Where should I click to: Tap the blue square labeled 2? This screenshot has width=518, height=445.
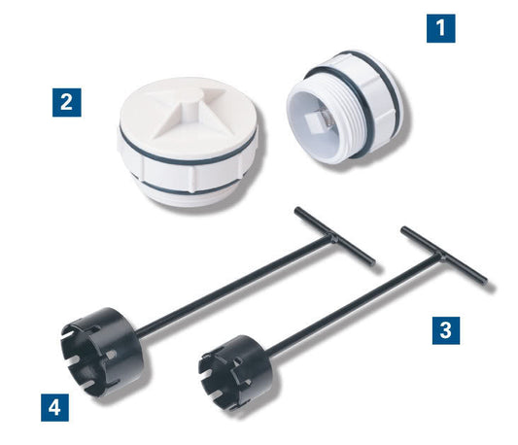click(66, 101)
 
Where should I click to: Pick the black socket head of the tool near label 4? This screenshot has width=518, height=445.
click(97, 345)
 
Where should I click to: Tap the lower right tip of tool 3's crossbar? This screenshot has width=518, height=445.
click(483, 282)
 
